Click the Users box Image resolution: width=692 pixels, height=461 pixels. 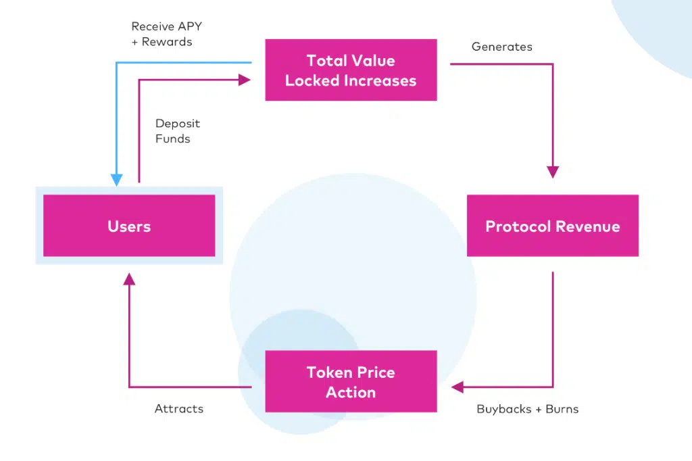pos(129,226)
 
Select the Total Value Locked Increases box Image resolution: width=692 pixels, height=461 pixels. pos(351,70)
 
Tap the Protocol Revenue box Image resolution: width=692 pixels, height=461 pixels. pos(552,226)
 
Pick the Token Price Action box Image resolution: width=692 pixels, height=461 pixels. pos(351,382)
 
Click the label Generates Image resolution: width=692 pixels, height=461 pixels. pos(501,47)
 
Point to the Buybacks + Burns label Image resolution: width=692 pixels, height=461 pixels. pos(527,409)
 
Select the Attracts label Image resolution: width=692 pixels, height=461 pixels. pos(179,409)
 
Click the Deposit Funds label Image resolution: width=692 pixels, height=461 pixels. pos(178,131)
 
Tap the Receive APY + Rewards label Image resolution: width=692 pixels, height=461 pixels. pos(166,34)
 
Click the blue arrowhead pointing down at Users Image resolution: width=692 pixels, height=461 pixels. pos(117,180)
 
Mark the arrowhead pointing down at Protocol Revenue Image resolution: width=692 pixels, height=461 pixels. pos(553,172)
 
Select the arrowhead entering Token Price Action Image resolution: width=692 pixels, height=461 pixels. pos(458,387)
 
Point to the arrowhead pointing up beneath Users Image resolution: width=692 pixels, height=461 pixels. pos(129,278)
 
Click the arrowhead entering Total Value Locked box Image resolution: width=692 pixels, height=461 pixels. pos(245,80)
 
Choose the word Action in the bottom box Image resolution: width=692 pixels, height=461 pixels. pos(351,392)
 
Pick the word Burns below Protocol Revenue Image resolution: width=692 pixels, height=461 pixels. pos(562,409)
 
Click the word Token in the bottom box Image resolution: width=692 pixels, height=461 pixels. pos(329,372)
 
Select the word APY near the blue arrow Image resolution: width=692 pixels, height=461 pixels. pos(185,27)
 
